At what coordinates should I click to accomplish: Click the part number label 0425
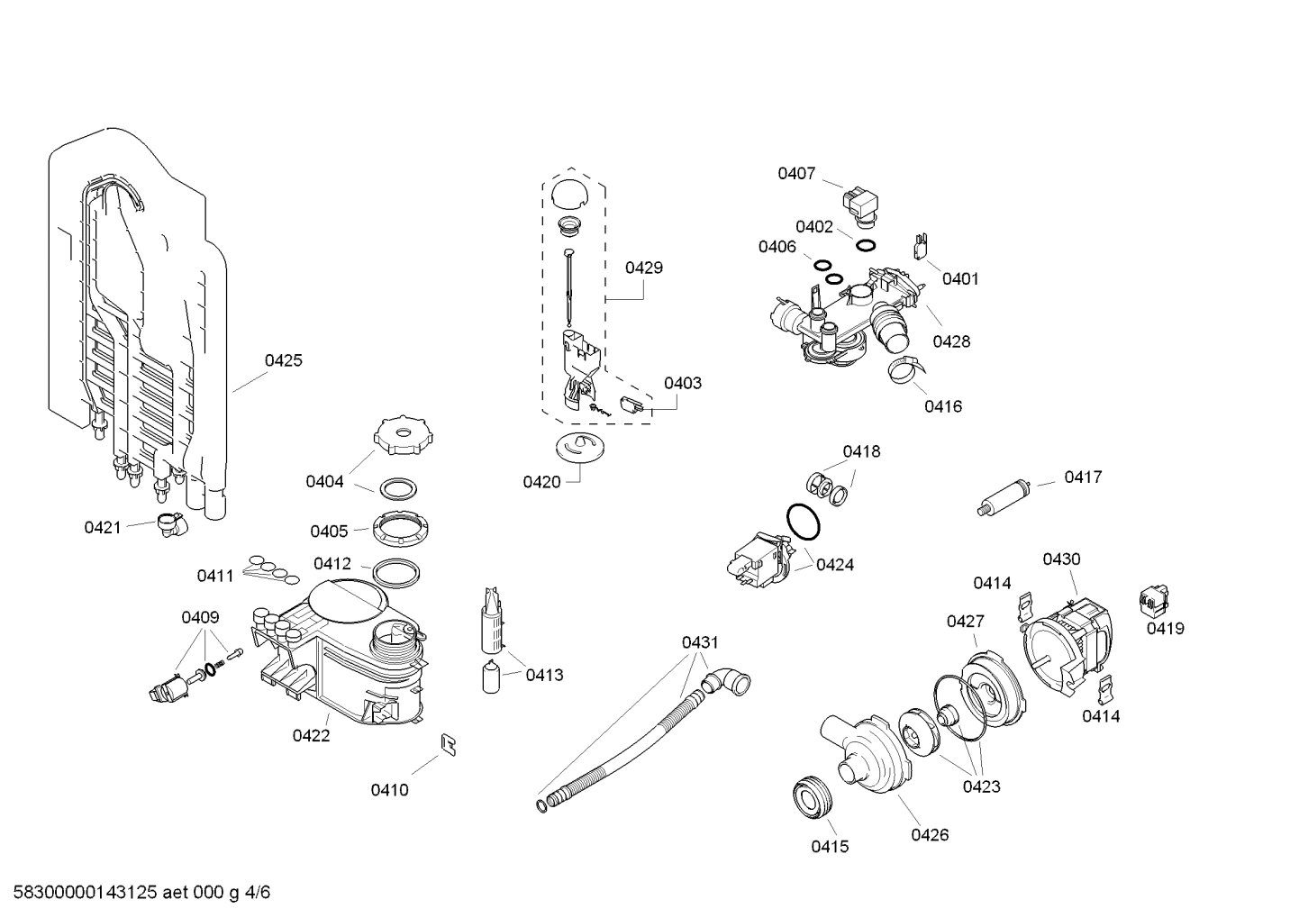pyautogui.click(x=283, y=360)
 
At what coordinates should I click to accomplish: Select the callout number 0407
pyautogui.click(x=796, y=173)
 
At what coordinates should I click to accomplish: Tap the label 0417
pyautogui.click(x=1083, y=477)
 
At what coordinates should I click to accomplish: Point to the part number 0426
pyautogui.click(x=929, y=834)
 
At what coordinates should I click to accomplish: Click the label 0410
pyautogui.click(x=389, y=789)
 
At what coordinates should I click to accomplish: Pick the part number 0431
pyautogui.click(x=700, y=642)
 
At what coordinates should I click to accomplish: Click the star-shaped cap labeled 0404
pyautogui.click(x=397, y=438)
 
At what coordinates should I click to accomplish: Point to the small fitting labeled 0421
pyautogui.click(x=168, y=523)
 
